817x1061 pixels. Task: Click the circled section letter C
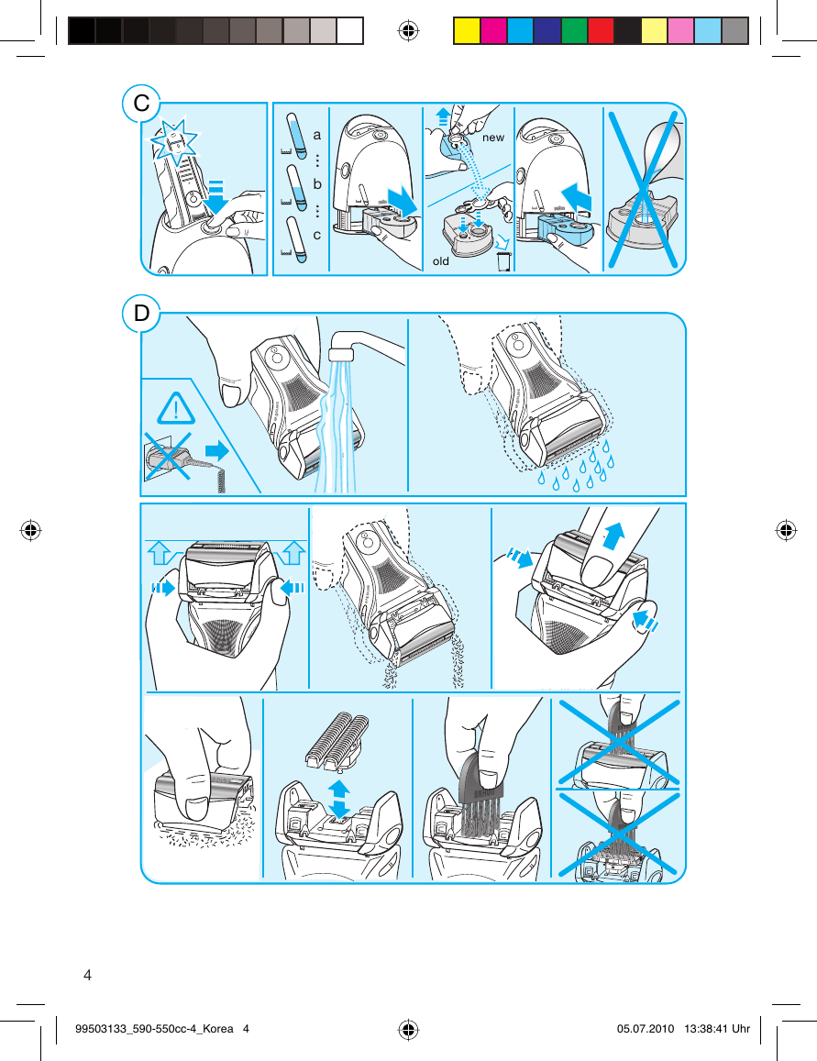(141, 104)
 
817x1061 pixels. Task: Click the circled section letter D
(141, 314)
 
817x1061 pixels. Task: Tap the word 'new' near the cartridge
(493, 137)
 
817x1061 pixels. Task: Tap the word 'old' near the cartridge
(441, 261)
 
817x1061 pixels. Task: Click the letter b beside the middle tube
(317, 183)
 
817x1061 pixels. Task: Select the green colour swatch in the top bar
(574, 31)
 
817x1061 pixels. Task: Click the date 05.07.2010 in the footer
(646, 1029)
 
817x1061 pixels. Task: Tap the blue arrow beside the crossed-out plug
(217, 450)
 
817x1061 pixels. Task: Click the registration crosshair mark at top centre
(408, 31)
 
